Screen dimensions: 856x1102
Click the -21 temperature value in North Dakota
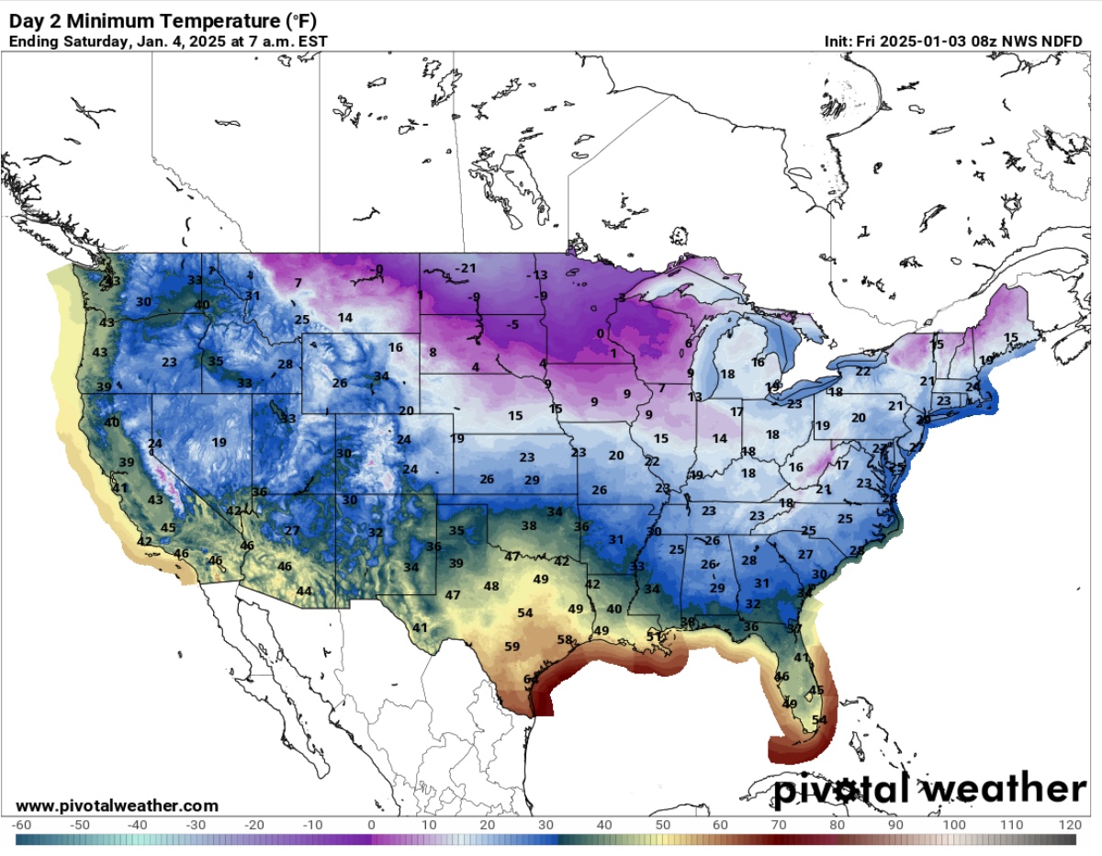click(x=468, y=268)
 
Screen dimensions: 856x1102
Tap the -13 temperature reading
click(x=536, y=276)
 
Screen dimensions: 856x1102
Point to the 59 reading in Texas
click(x=512, y=647)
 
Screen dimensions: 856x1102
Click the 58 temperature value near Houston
click(x=566, y=640)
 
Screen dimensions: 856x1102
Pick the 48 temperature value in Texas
click(x=491, y=586)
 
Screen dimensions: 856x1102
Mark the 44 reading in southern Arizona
click(x=304, y=591)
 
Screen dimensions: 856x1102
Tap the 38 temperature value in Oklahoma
click(x=529, y=525)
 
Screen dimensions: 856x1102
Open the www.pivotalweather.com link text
click(x=118, y=805)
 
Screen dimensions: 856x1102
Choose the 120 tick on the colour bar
click(x=1069, y=825)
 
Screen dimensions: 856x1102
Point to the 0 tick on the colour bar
click(x=371, y=825)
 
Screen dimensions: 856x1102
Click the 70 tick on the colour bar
click(x=779, y=825)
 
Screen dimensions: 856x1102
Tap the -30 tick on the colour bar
click(x=197, y=825)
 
